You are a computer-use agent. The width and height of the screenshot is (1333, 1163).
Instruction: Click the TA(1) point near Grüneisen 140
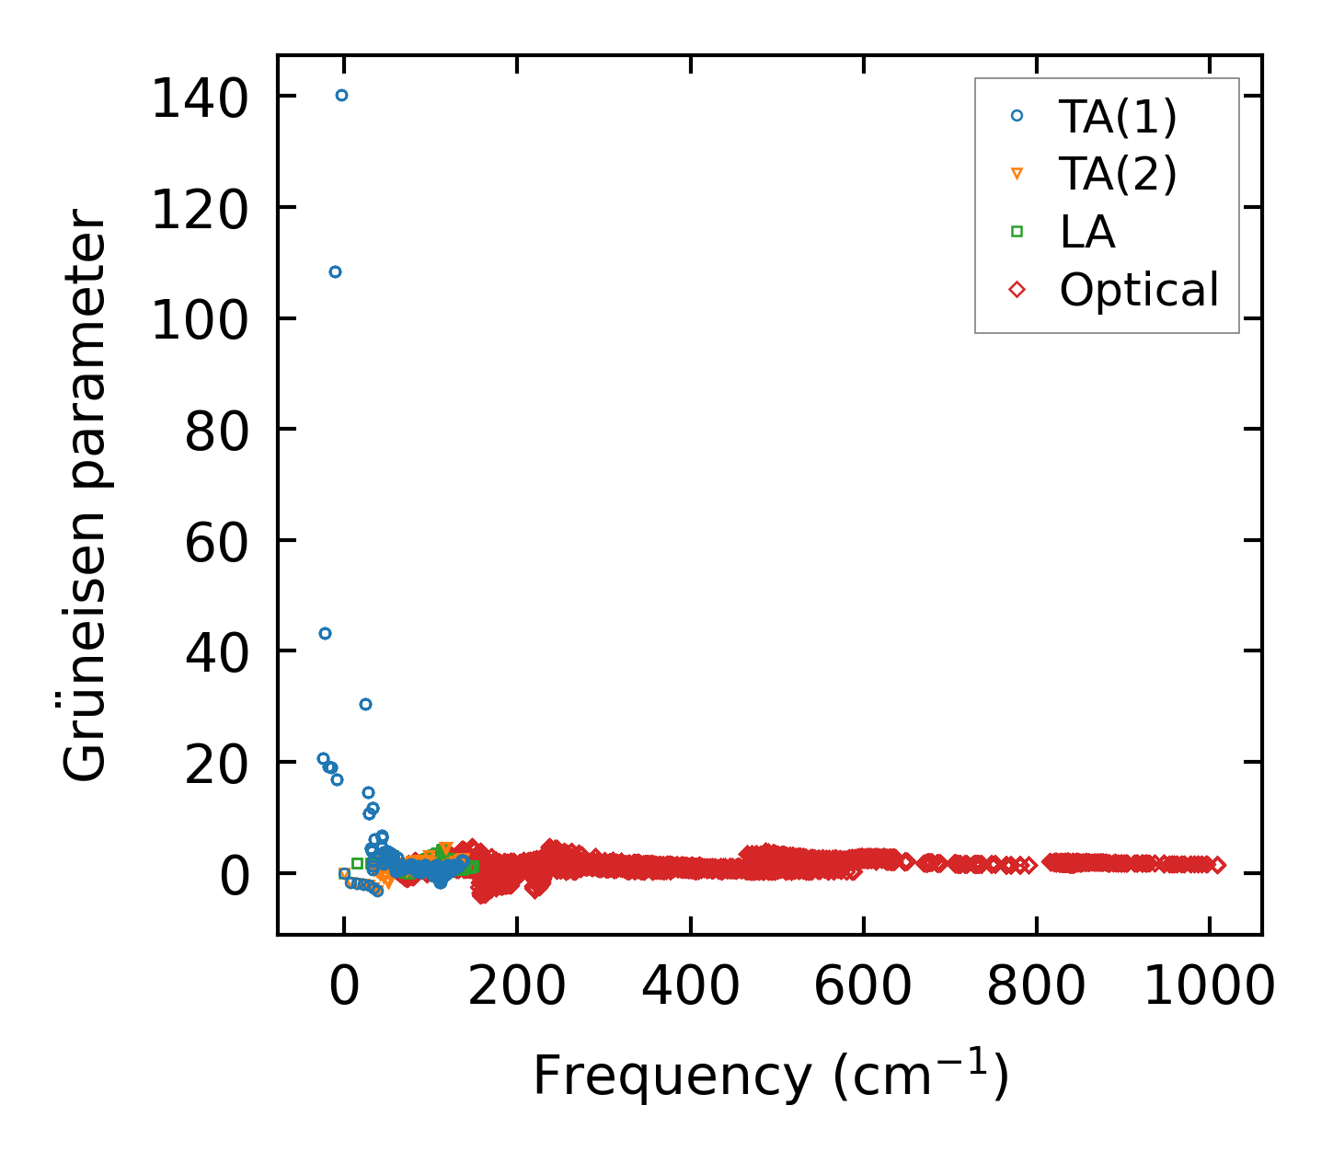(341, 95)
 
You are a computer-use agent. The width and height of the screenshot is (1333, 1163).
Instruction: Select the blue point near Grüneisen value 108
(335, 271)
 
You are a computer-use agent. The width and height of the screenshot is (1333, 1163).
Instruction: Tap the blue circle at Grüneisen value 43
(325, 633)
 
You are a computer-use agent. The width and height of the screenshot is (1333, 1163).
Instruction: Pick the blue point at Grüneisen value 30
(365, 704)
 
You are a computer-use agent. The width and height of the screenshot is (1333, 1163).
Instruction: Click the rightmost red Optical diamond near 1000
(1218, 865)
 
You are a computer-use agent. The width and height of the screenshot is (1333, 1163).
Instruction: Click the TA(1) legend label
(1118, 116)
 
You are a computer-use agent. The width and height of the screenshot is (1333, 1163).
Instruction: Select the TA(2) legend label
(1118, 174)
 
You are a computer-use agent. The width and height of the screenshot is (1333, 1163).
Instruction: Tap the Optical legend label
(1139, 290)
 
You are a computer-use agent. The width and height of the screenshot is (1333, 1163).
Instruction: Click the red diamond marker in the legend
(1017, 290)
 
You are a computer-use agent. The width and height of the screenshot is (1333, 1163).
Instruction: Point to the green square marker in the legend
(1017, 232)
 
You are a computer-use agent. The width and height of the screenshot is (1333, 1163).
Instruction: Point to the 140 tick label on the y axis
(200, 98)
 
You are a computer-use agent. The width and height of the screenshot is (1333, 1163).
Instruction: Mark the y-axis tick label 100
(200, 320)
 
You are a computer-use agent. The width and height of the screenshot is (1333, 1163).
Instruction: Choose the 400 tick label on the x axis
(690, 987)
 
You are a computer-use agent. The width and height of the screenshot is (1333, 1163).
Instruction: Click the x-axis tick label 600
(863, 987)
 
